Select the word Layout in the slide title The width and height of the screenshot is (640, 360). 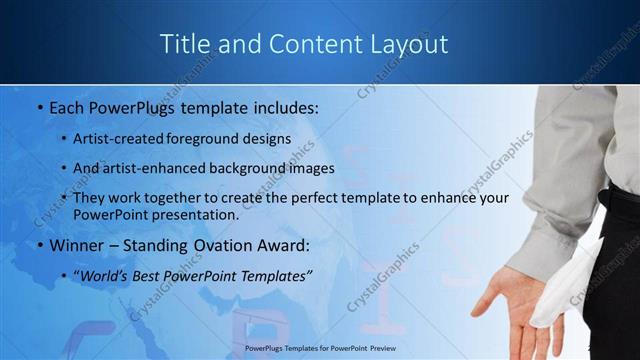tap(409, 44)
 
